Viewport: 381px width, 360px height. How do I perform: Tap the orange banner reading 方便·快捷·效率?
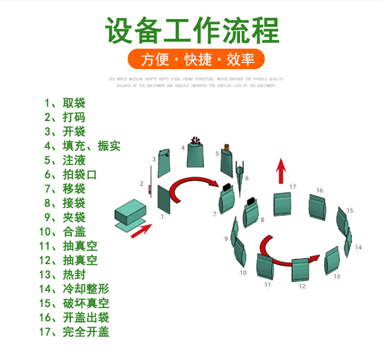click(196, 59)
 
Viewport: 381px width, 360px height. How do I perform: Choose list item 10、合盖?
click(63, 232)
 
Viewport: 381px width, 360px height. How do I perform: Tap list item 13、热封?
click(63, 275)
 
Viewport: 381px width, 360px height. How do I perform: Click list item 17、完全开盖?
click(74, 332)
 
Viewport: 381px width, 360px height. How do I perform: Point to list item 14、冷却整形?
click(74, 289)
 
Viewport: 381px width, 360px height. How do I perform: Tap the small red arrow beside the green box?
click(141, 231)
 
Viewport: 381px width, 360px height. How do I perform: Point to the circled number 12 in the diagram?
click(302, 286)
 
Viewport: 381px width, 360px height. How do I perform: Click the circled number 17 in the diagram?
click(293, 186)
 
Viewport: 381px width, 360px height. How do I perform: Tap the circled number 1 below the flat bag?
click(162, 216)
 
